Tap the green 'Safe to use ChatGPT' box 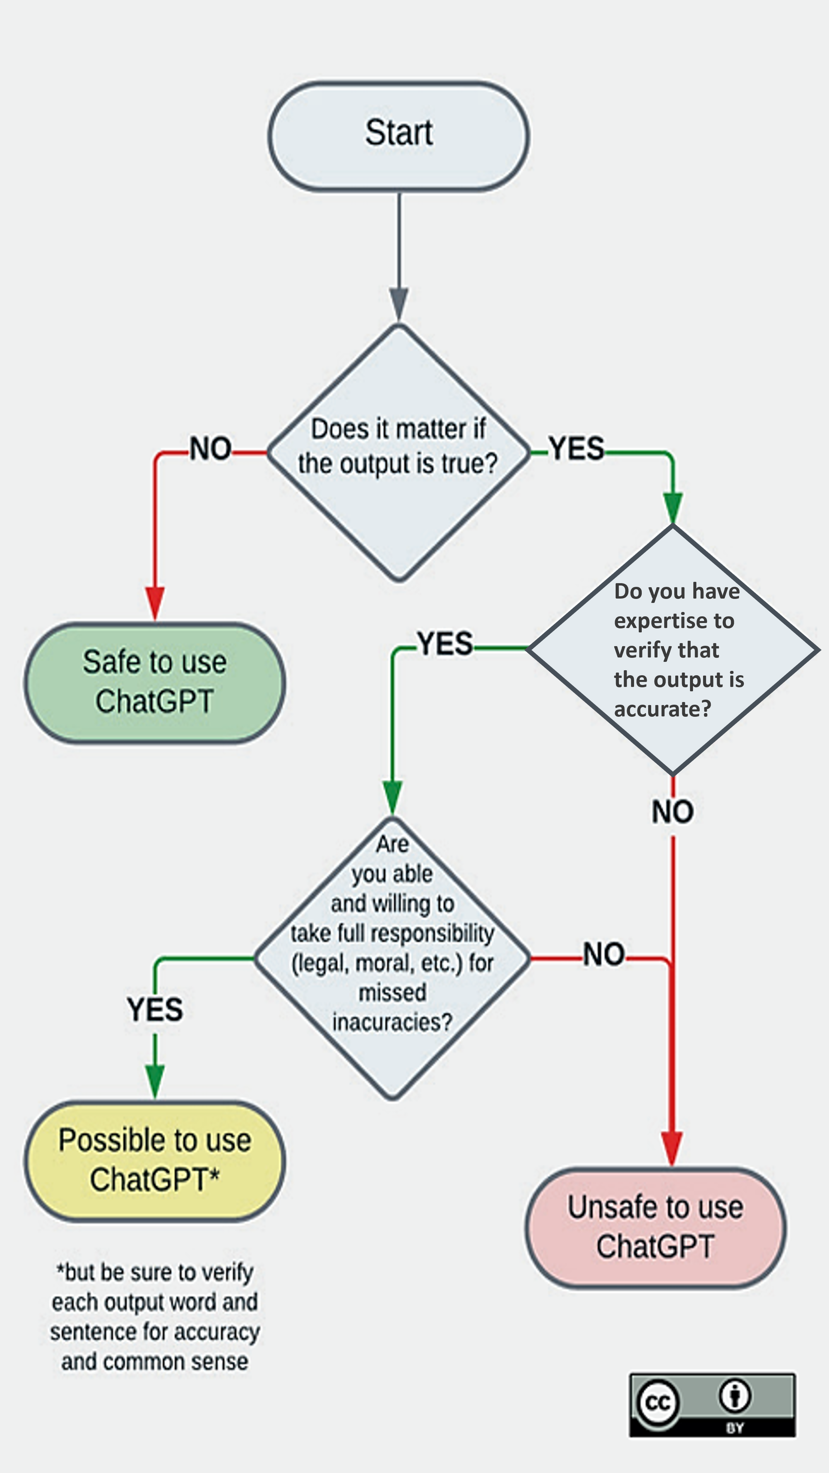coord(154,683)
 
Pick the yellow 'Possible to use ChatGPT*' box coord(154,1161)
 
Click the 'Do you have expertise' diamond coord(673,649)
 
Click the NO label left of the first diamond coord(210,449)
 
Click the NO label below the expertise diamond coord(673,812)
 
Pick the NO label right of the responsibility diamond coord(604,954)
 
